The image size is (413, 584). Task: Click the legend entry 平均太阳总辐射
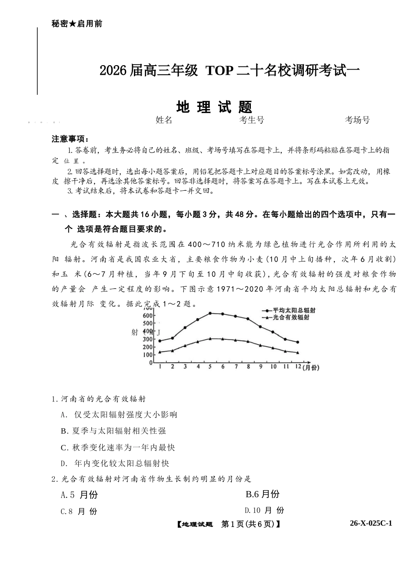coord(293,310)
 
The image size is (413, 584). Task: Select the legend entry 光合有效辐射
coord(290,318)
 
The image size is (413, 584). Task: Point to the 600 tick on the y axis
coord(148,315)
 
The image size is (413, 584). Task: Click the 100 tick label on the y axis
coord(148,355)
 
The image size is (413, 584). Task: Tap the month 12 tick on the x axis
coord(298,367)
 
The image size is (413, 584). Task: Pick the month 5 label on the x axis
coord(210,367)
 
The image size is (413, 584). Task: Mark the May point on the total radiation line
coord(210,313)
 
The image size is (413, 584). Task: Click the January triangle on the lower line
coord(160,352)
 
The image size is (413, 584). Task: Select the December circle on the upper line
coord(298,342)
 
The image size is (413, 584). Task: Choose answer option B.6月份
coord(263,494)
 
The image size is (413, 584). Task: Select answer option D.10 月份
coord(264,510)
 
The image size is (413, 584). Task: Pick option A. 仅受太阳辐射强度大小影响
coord(119,415)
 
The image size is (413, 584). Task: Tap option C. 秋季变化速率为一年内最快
coord(118,447)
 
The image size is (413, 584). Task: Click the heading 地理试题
coord(214,107)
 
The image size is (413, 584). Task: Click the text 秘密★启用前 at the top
coord(77,24)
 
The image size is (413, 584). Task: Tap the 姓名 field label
coord(164,120)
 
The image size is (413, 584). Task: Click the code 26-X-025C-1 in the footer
coord(371,523)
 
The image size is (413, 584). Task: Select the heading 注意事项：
coord(70,139)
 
